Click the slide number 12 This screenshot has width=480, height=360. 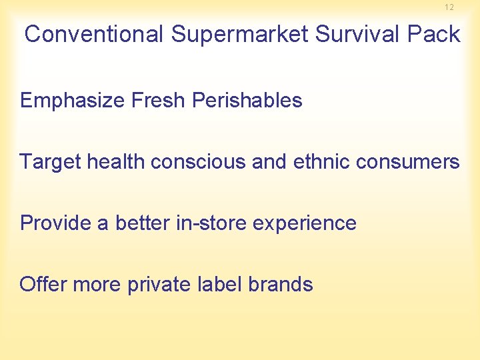pos(449,7)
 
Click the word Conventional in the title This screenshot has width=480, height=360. pos(94,34)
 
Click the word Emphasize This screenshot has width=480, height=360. pos(73,101)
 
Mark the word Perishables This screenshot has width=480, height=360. pos(247,101)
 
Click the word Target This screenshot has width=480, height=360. pos(49,162)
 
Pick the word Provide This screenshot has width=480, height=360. pos(56,223)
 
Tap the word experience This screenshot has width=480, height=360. pos(307,223)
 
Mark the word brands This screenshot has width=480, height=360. pos(280,285)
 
